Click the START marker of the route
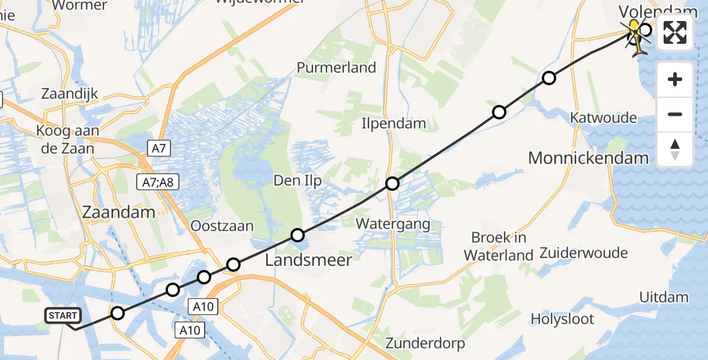point(63,316)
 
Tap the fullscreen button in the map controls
point(675,33)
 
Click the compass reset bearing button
point(675,149)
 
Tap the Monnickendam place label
point(588,158)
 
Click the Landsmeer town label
point(308,260)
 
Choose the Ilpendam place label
point(393,124)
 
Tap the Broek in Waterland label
point(499,245)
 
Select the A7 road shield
point(155,146)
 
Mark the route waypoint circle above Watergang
point(392,184)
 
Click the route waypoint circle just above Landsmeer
point(297,235)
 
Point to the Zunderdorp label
point(425,344)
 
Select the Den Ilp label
point(297,180)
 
